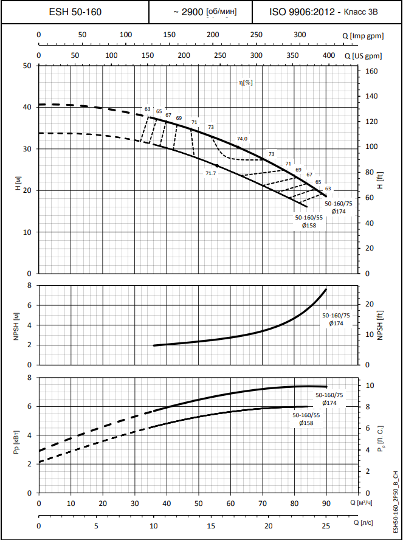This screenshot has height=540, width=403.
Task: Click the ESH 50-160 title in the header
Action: click(x=75, y=12)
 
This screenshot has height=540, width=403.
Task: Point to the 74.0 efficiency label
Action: click(x=243, y=139)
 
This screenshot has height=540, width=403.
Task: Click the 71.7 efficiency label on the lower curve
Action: click(x=210, y=173)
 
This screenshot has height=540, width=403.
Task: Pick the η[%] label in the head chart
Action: click(x=246, y=82)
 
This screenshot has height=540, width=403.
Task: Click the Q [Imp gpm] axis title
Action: click(x=363, y=35)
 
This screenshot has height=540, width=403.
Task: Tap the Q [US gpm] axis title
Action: click(x=363, y=55)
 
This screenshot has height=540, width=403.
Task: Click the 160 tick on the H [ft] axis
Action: click(x=372, y=71)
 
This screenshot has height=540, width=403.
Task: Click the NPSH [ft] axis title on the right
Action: click(x=381, y=325)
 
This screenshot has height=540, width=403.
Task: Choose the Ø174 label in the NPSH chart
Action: click(x=337, y=324)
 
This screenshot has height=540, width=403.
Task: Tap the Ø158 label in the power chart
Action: click(x=306, y=423)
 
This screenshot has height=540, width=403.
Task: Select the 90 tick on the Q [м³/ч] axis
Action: click(x=326, y=503)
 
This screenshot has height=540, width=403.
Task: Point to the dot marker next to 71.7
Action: click(x=217, y=165)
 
